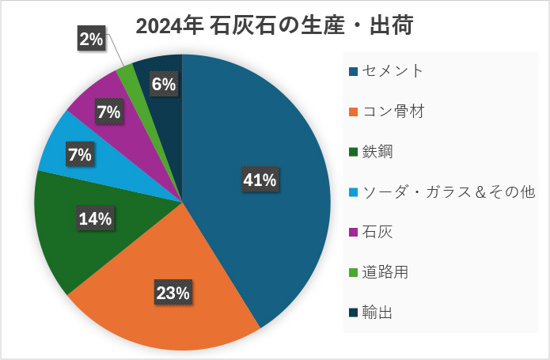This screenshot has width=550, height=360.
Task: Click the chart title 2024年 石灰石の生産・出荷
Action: tap(275, 26)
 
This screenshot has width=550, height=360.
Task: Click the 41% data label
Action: tap(260, 180)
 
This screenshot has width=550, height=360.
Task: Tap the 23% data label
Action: tap(173, 293)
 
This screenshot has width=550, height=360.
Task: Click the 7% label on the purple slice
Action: tap(108, 112)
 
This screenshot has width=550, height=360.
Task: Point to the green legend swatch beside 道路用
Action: tap(353, 273)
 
